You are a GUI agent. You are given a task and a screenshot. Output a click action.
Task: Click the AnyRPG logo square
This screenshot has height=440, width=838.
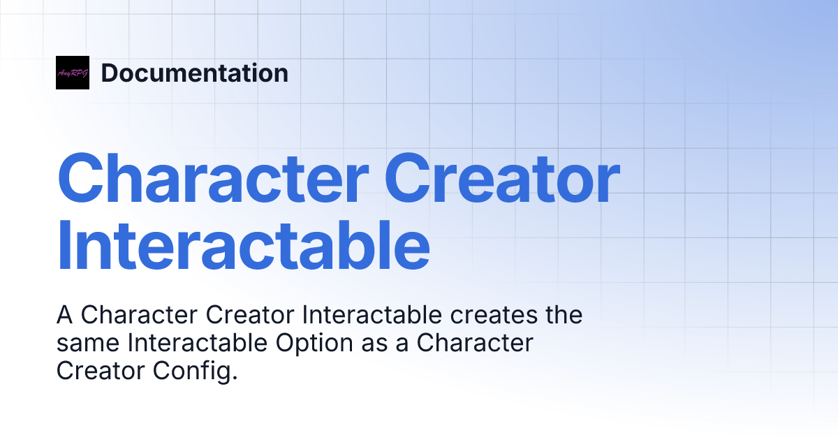(x=73, y=73)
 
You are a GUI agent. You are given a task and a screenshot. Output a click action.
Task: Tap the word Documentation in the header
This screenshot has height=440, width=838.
(x=194, y=73)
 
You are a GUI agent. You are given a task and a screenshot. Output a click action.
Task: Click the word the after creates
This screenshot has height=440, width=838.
(x=563, y=316)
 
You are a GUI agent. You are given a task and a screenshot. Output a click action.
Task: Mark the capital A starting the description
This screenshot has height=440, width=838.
(x=65, y=316)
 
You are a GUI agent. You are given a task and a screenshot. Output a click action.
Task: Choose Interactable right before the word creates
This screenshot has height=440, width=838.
(x=372, y=316)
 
